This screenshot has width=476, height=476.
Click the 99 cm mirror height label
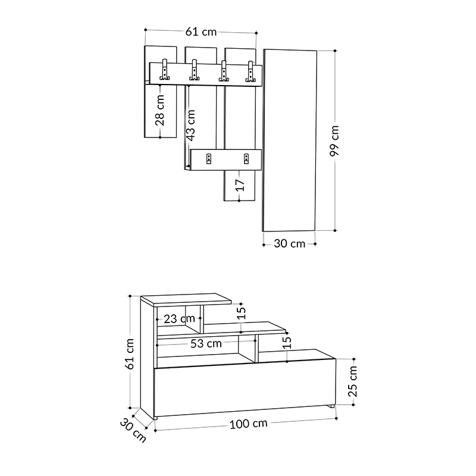pyautogui.click(x=335, y=141)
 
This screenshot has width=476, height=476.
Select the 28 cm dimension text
pyautogui.click(x=159, y=111)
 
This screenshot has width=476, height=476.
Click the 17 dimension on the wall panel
pyautogui.click(x=239, y=185)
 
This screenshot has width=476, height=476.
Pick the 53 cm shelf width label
pyautogui.click(x=206, y=343)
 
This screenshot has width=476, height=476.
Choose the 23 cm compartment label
pyautogui.click(x=179, y=318)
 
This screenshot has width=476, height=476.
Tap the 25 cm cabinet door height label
pyautogui.click(x=353, y=381)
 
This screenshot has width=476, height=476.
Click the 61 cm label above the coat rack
pyautogui.click(x=201, y=32)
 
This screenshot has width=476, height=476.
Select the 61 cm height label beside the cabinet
pyautogui.click(x=130, y=354)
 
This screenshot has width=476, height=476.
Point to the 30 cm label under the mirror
pyautogui.click(x=289, y=243)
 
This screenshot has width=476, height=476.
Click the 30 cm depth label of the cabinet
pyautogui.click(x=133, y=430)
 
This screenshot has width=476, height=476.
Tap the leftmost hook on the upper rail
pyautogui.click(x=164, y=72)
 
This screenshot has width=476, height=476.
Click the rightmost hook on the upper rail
pyautogui.click(x=250, y=72)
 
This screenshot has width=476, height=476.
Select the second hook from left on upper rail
pyautogui.click(x=193, y=72)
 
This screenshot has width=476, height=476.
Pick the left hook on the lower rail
pyautogui.click(x=209, y=158)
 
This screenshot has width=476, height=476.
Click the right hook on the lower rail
pyautogui.click(x=246, y=158)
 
